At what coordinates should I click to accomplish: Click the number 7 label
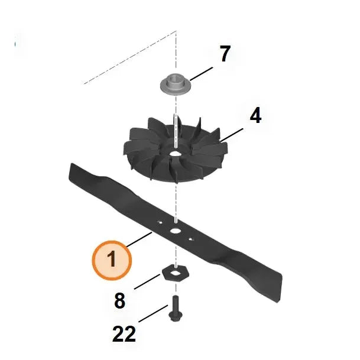[x=225, y=54]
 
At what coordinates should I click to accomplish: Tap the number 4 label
[x=255, y=115]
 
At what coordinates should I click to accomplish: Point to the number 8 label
[x=120, y=301]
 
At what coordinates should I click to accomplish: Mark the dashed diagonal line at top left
[x=130, y=57]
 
